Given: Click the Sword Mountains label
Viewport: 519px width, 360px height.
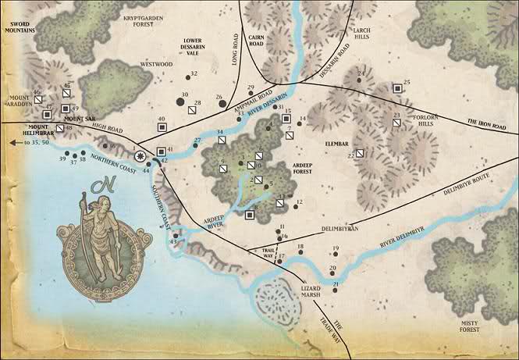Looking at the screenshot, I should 24,27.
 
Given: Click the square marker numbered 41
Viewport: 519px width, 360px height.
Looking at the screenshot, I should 161,151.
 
